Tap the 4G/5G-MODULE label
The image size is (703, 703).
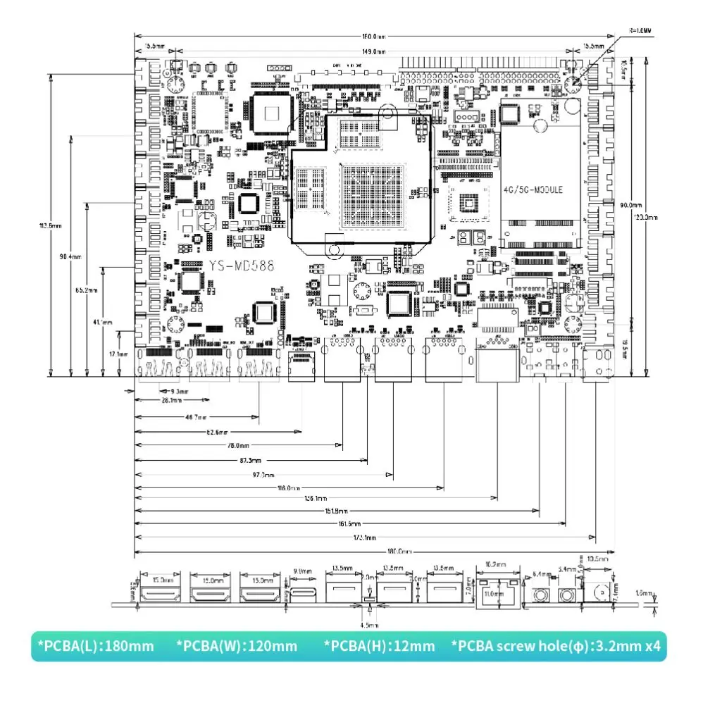click(533, 190)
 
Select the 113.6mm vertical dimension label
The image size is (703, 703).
click(50, 225)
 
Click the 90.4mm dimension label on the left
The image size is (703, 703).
click(70, 256)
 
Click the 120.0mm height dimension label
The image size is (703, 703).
click(647, 218)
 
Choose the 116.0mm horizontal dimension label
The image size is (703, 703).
click(289, 487)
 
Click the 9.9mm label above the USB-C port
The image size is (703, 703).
click(302, 571)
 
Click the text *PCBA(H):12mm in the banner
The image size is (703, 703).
click(379, 646)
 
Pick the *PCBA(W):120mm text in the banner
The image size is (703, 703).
click(237, 646)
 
